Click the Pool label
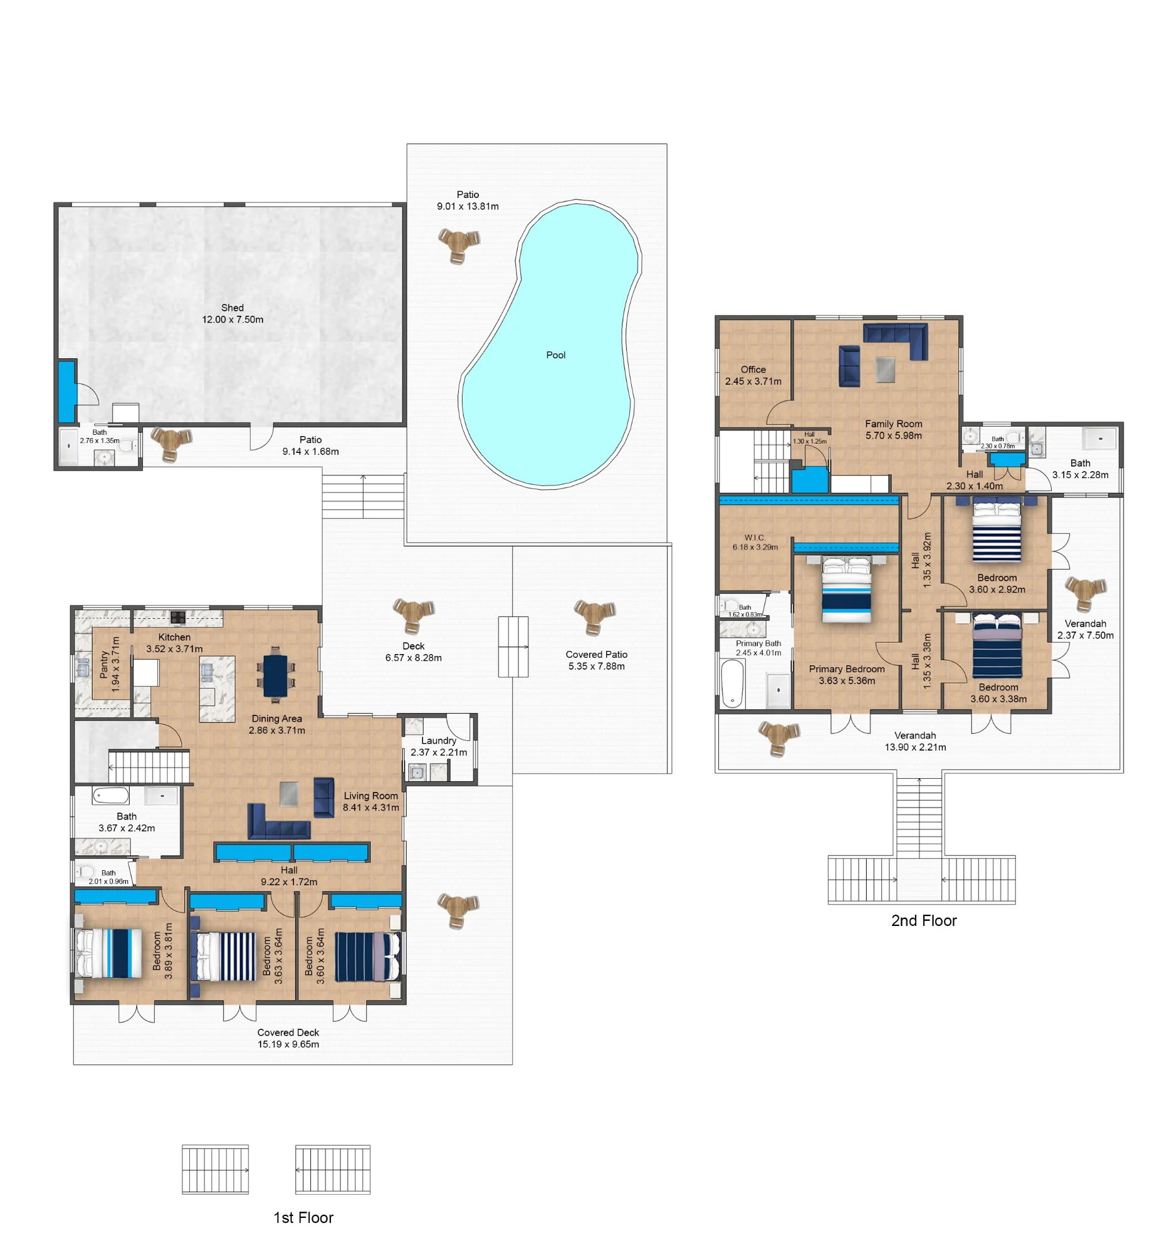click(556, 355)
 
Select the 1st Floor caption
click(303, 1218)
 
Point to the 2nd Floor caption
click(924, 920)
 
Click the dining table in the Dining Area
click(275, 675)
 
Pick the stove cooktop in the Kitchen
click(178, 618)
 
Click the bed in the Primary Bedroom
click(846, 590)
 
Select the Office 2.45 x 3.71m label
click(753, 375)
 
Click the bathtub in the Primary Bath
click(733, 684)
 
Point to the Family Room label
click(894, 430)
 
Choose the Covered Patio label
click(597, 660)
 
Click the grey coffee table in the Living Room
click(288, 794)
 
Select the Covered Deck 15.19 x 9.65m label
click(288, 1038)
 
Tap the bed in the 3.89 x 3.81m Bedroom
click(109, 954)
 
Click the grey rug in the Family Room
click(886, 370)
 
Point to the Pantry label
click(110, 664)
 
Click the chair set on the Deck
click(414, 615)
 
